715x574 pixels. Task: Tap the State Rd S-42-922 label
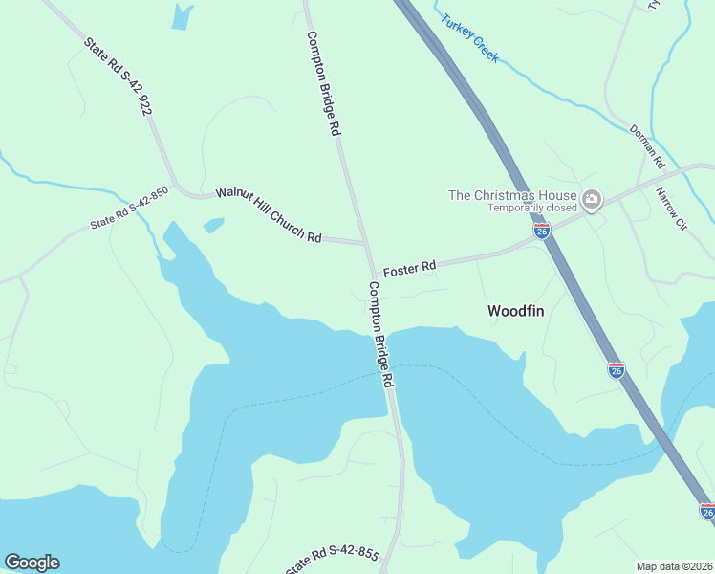[118, 77]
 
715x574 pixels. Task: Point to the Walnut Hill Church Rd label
[269, 214]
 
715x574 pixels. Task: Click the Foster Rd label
[409, 269]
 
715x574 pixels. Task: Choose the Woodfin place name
[515, 311]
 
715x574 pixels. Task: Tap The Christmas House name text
[512, 195]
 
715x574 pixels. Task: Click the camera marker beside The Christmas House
[592, 199]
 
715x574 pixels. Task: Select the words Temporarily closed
[532, 208]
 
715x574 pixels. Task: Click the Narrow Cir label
[671, 208]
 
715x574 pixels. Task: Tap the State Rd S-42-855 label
[332, 561]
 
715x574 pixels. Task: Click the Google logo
[32, 563]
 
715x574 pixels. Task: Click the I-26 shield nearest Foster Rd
[542, 232]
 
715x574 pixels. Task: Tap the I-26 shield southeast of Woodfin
[617, 369]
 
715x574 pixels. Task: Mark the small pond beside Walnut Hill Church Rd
[214, 225]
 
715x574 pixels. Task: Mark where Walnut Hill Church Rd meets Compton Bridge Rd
[364, 243]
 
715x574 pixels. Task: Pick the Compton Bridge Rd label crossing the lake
[381, 334]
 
